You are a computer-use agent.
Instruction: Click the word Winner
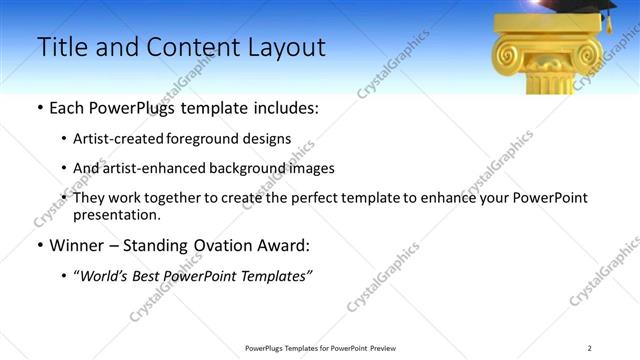click(77, 244)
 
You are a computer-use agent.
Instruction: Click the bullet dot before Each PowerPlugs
click(38, 107)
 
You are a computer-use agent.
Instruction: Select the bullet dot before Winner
click(38, 244)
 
